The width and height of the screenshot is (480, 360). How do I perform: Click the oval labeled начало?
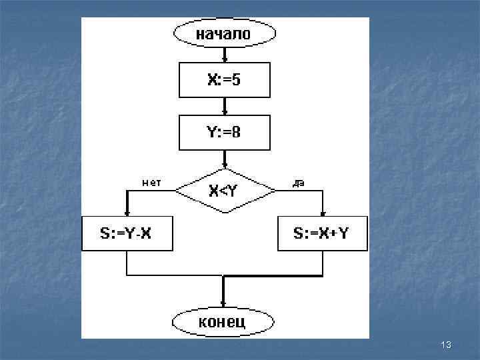coord(223,35)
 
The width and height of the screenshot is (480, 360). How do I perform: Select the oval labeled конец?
coord(222,323)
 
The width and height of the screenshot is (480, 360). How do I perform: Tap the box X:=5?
coord(224,81)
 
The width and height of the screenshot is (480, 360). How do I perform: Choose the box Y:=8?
coord(224,132)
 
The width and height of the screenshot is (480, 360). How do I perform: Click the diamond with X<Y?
coord(224,191)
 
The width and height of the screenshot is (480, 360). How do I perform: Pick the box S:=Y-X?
coord(126,233)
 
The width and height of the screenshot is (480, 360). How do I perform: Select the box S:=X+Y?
coord(322,233)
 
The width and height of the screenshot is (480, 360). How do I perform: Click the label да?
coord(299,183)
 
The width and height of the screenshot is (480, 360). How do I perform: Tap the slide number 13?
coord(447,345)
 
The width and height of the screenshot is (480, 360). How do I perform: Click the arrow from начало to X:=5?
coord(224,55)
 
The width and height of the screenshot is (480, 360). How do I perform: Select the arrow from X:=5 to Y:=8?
coord(224,107)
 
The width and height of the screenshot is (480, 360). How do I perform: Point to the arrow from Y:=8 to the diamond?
coord(224,159)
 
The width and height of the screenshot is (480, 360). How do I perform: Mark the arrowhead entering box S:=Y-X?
coord(126,212)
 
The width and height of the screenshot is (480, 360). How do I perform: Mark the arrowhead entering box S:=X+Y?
coord(323,212)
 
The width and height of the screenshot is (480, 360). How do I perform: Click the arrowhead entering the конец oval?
coord(223,304)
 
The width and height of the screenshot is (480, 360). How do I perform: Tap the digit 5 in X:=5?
coord(237,81)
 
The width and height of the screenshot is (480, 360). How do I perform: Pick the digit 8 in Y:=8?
coord(237,132)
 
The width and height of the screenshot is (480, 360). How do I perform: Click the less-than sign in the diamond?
coord(223,191)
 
